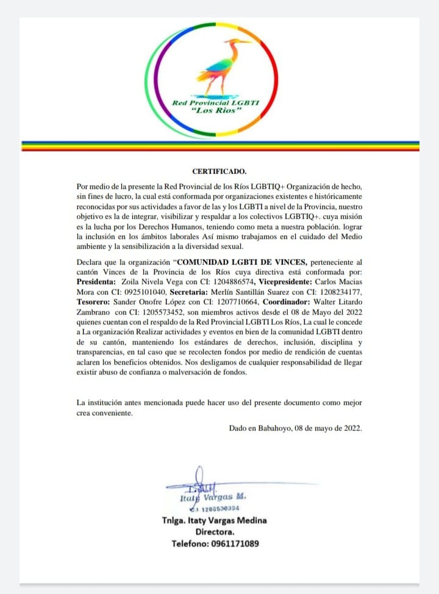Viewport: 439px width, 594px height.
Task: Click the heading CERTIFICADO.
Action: [x=220, y=172]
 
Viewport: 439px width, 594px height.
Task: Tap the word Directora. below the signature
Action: [x=220, y=532]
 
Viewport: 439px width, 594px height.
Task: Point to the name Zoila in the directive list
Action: [x=134, y=283]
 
